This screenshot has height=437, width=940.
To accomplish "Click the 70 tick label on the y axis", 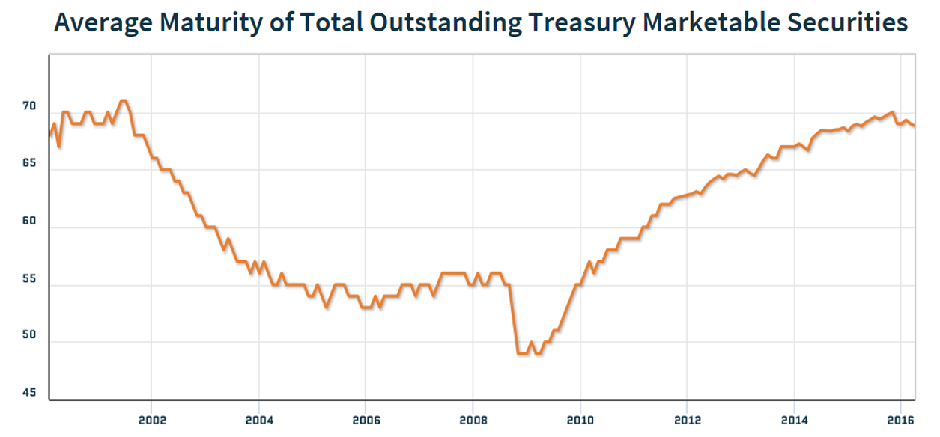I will coord(29,107).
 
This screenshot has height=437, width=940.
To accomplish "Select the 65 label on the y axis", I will coord(29,164).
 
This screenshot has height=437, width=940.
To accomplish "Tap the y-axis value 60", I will coord(29,221).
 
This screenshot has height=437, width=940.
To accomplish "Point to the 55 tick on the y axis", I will coord(29,279).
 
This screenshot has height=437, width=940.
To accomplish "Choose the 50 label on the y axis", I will coord(29,337).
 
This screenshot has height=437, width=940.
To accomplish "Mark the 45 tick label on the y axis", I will coord(29,393).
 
